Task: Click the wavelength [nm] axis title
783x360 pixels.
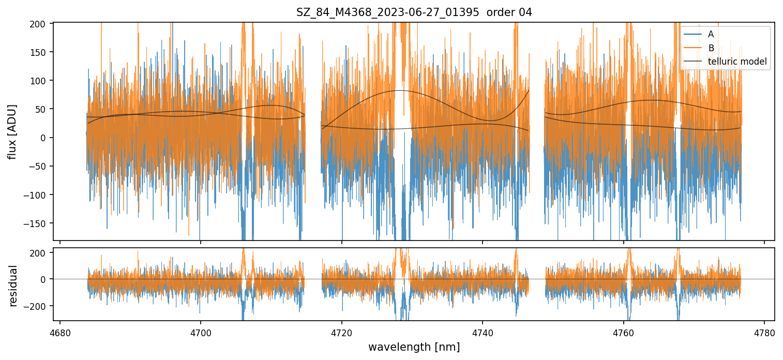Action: [x=414, y=347]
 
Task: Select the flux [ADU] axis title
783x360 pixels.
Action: [x=12, y=131]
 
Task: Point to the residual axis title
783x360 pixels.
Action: [x=12, y=286]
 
